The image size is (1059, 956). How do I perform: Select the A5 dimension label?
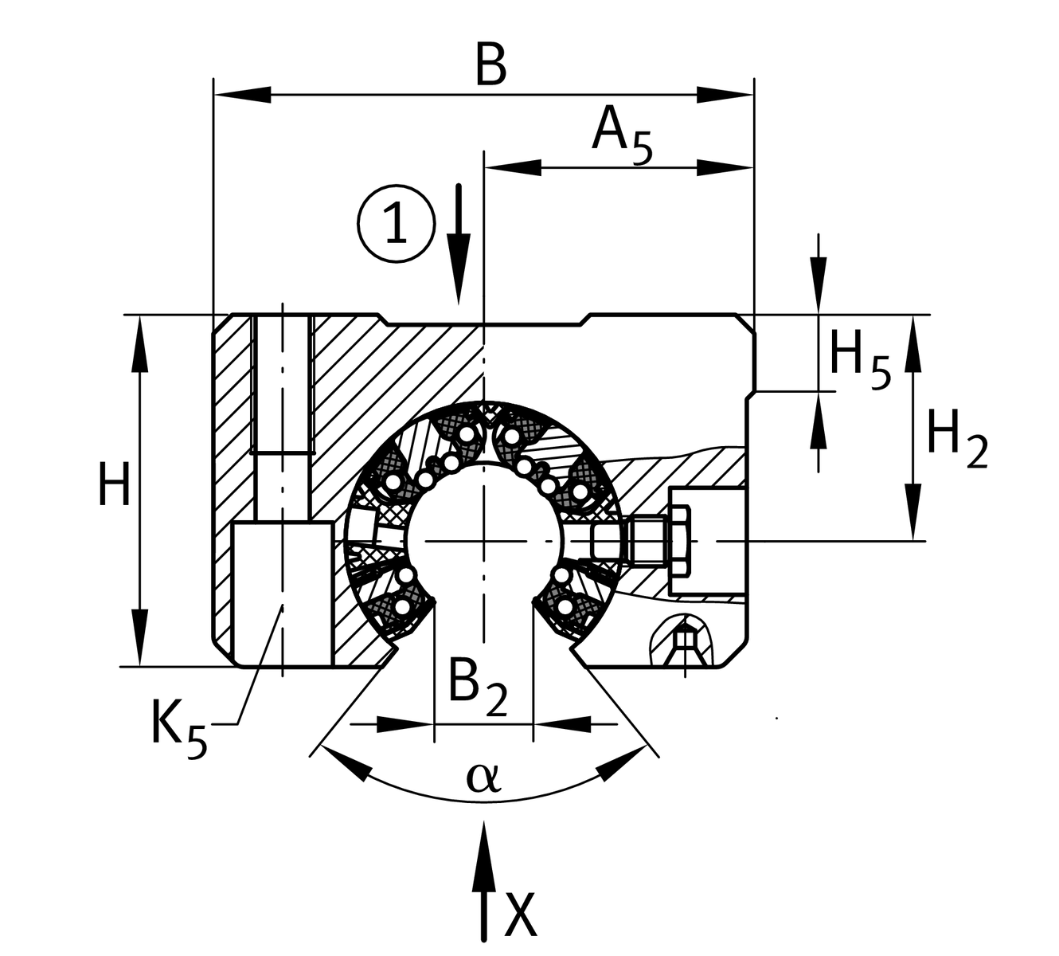(x=622, y=133)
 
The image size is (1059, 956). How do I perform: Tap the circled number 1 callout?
(x=396, y=222)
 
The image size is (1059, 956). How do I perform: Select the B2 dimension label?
(x=476, y=684)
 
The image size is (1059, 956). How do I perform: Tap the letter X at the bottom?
(x=521, y=917)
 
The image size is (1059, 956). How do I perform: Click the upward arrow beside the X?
(x=483, y=876)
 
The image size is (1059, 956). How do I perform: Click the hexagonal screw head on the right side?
(x=682, y=542)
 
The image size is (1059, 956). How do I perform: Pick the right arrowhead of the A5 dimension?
(x=726, y=167)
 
